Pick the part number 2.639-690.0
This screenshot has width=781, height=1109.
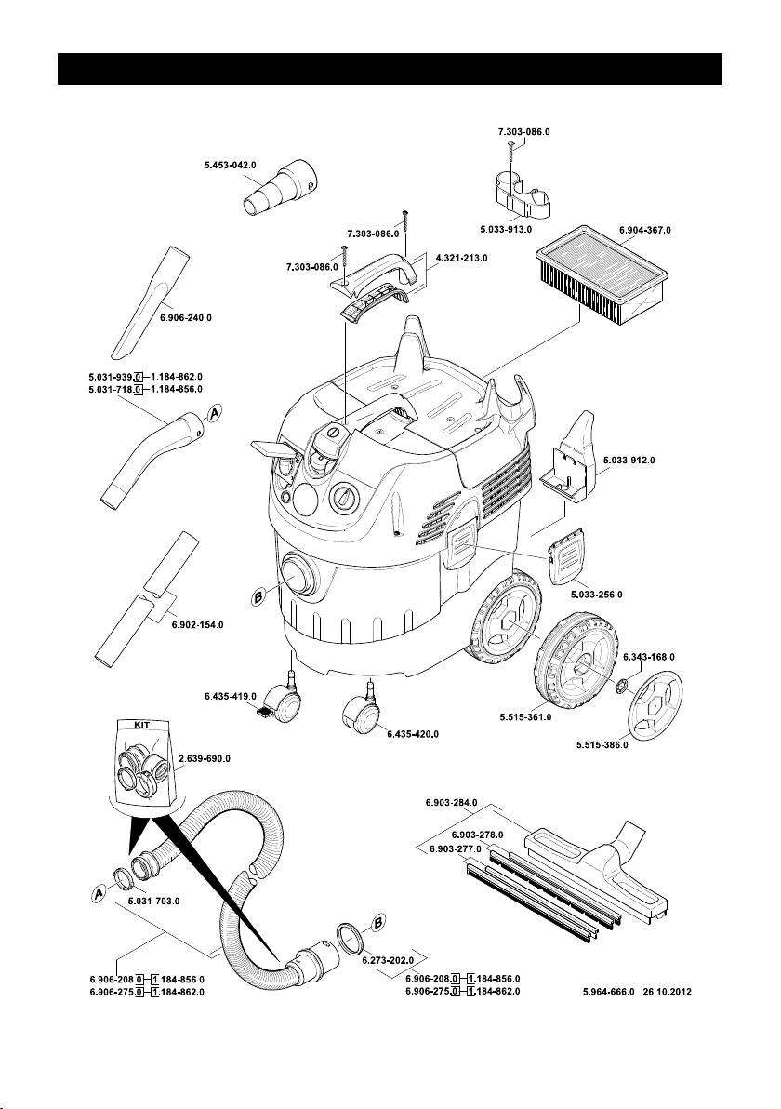pos(205,759)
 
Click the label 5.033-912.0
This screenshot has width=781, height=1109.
pos(629,460)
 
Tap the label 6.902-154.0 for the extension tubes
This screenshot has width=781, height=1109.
pos(197,624)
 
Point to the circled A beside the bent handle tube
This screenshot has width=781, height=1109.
pos(214,414)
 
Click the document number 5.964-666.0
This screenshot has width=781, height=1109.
pos(608,992)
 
